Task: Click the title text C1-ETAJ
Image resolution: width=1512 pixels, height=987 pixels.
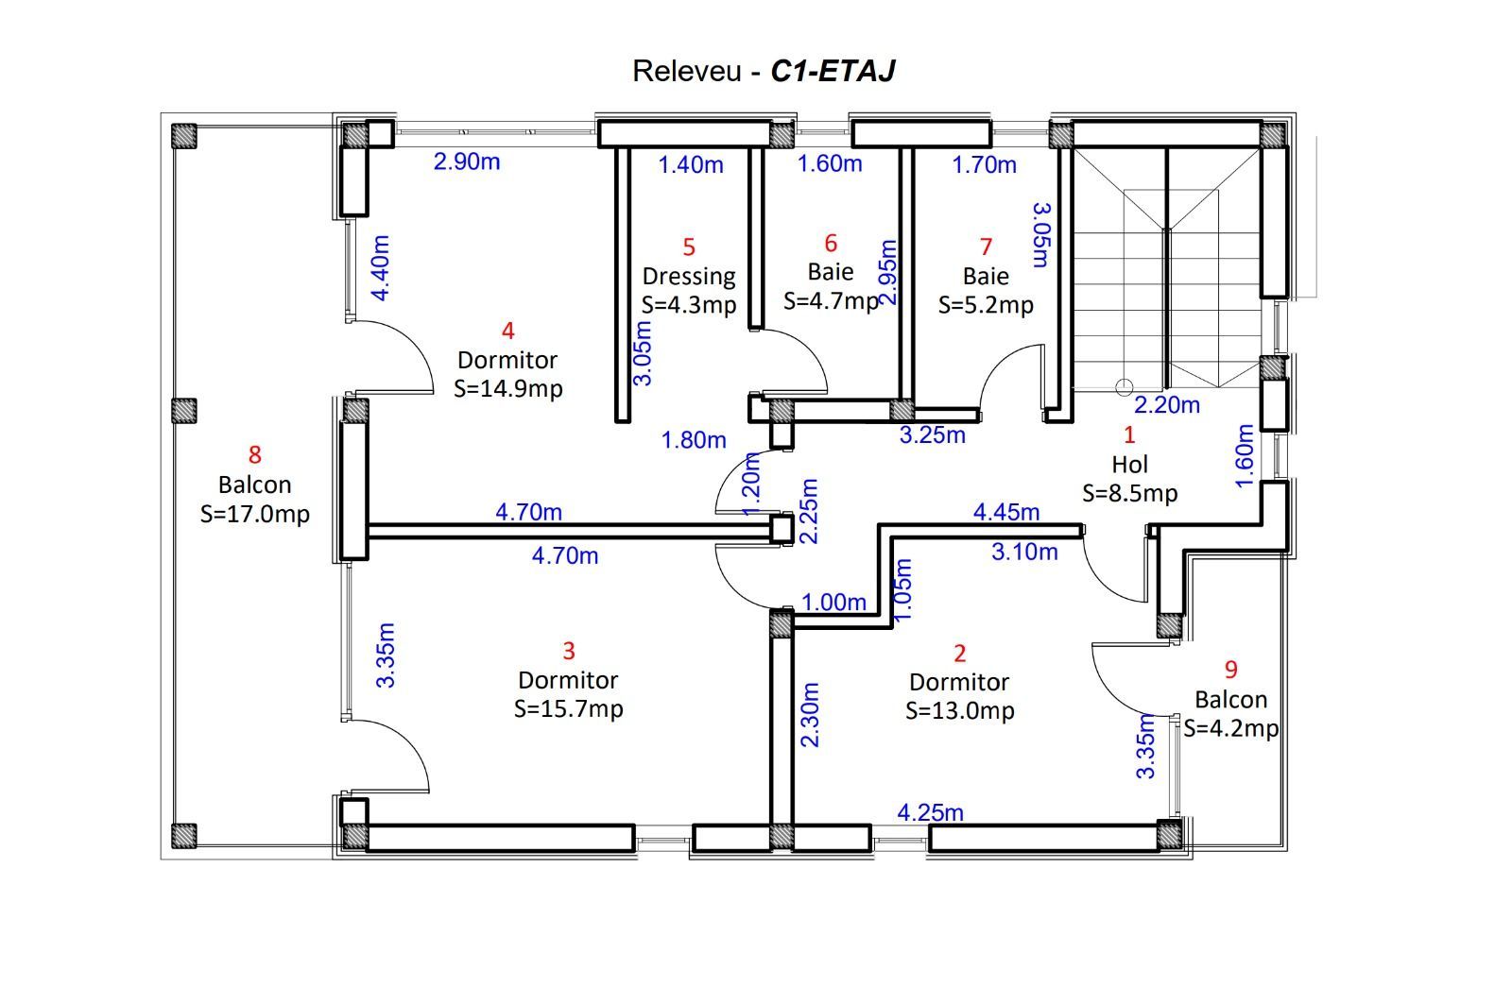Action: (833, 71)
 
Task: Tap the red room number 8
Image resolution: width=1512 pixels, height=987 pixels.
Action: (254, 454)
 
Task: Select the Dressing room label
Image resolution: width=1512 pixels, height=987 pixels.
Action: (689, 277)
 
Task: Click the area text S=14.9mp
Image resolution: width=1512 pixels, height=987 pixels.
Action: (507, 389)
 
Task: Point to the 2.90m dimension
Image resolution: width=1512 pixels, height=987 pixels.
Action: (467, 162)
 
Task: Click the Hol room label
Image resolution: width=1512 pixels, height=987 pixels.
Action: (1130, 464)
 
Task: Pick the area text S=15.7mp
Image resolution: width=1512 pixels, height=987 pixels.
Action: (568, 709)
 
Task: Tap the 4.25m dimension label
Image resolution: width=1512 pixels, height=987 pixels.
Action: (930, 813)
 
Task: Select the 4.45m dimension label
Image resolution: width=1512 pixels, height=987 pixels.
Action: (1005, 512)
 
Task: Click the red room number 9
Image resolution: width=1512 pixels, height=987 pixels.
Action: (1230, 670)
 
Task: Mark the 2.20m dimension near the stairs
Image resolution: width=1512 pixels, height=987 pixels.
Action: (1166, 405)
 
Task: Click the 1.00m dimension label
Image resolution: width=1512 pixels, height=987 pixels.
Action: (833, 602)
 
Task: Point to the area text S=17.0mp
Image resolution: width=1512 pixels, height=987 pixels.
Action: (254, 514)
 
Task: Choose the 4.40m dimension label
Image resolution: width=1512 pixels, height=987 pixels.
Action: (381, 268)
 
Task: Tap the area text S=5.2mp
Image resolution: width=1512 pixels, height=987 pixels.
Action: (986, 306)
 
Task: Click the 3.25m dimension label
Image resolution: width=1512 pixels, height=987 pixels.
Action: (932, 435)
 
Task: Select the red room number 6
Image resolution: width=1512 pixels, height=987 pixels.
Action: (831, 243)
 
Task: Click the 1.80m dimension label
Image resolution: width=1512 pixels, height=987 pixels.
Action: (694, 440)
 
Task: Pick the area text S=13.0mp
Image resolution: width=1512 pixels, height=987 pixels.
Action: (959, 711)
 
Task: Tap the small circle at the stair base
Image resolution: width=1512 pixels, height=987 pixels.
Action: (1124, 387)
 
